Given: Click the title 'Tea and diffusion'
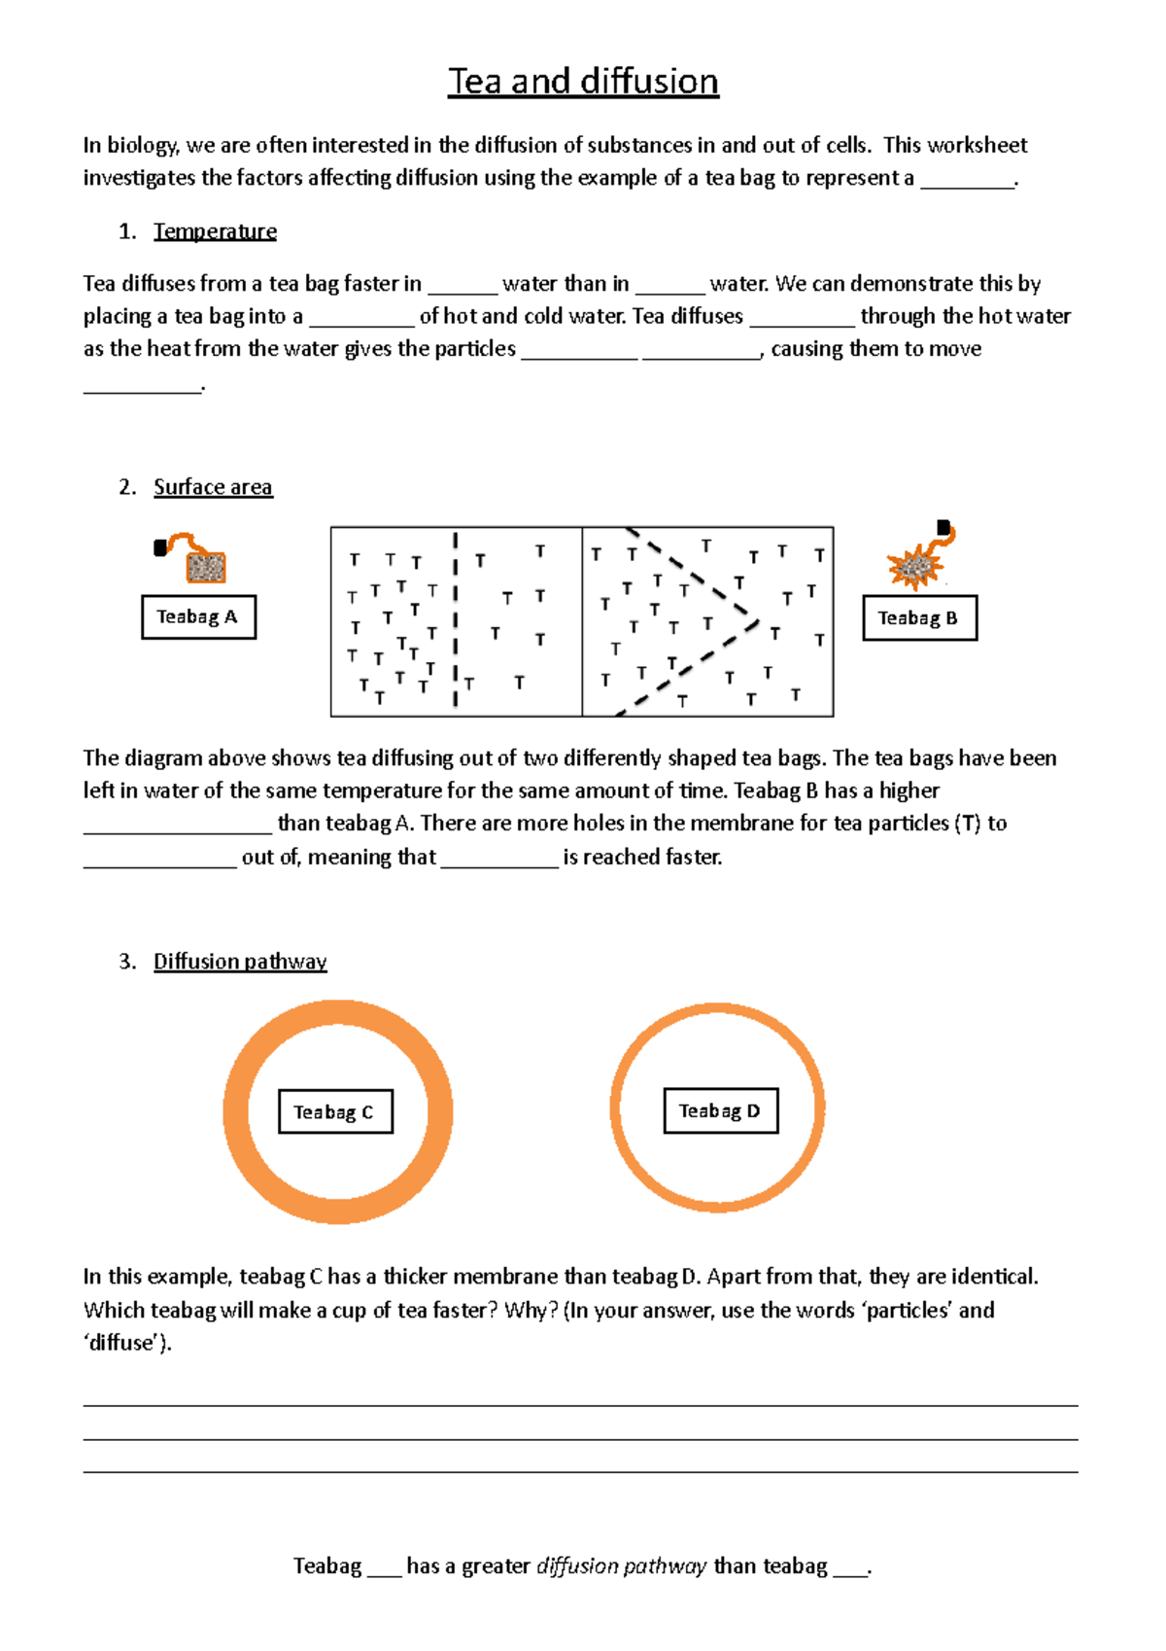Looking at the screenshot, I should (583, 82).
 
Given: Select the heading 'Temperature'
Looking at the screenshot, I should (215, 231).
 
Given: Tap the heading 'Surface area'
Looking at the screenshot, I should (213, 487).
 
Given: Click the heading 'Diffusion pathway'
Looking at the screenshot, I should (240, 962).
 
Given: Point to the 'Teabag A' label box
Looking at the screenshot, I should (198, 617).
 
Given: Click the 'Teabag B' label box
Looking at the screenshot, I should (919, 618).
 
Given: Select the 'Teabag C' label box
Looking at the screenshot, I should (335, 1112).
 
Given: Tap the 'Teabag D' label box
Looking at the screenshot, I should (720, 1111).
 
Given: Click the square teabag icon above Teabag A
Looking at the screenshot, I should (205, 566).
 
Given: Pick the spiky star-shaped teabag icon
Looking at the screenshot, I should (913, 566).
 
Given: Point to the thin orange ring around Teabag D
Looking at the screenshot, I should (615, 1108).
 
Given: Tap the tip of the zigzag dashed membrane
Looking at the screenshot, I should (755, 618).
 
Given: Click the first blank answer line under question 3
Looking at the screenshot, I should (580, 1404).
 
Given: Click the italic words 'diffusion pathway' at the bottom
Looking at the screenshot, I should (621, 1566).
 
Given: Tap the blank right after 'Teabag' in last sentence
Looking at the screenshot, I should (384, 1568).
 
